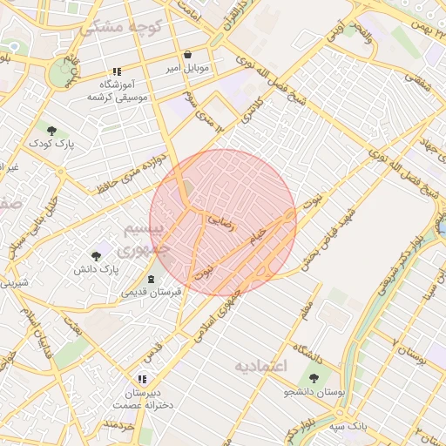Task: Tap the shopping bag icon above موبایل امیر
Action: click(187, 54)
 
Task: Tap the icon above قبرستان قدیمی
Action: click(152, 279)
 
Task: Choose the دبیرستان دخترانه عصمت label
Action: click(142, 399)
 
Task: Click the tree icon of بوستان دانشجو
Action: click(314, 378)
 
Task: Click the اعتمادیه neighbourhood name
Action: click(260, 366)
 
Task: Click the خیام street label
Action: click(260, 235)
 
